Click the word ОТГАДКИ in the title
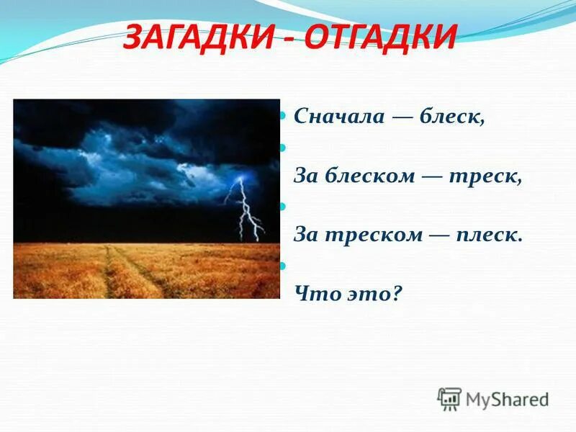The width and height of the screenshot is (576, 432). tap(380, 38)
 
